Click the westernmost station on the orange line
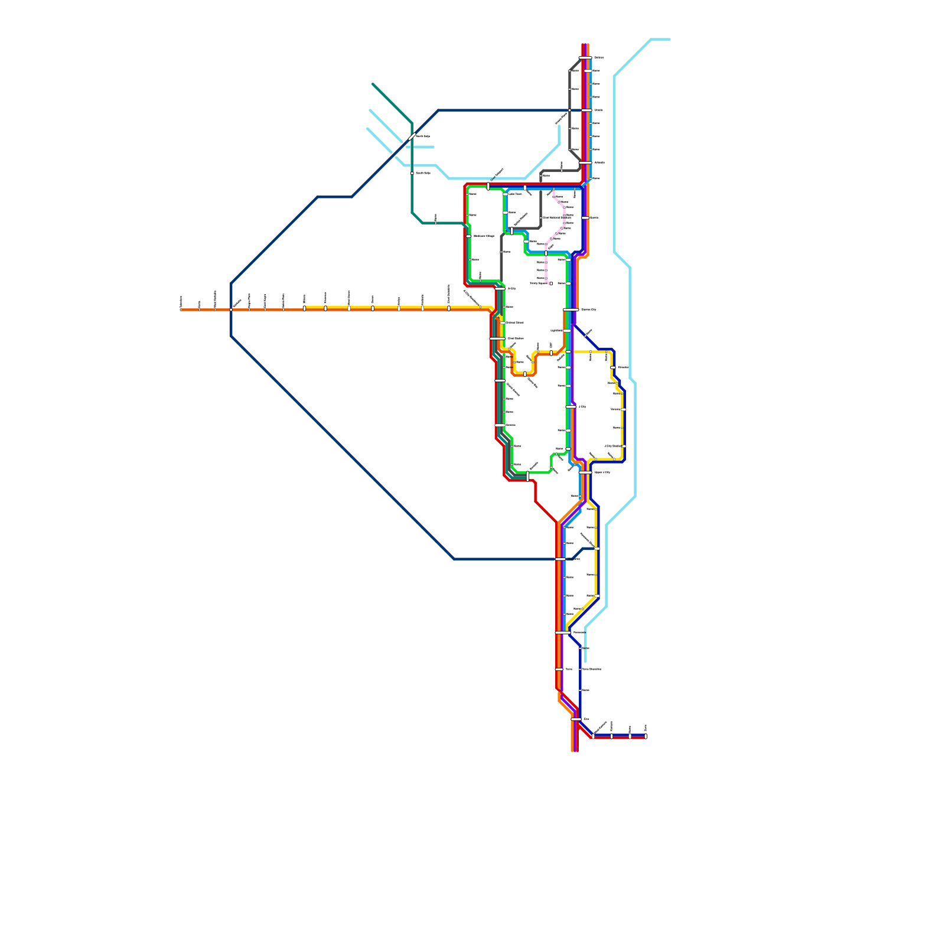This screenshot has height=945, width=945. pyautogui.click(x=181, y=309)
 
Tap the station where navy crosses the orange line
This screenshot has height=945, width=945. pyautogui.click(x=231, y=309)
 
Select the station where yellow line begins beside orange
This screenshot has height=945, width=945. pyautogui.click(x=304, y=308)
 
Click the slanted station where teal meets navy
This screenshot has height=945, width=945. pyautogui.click(x=412, y=138)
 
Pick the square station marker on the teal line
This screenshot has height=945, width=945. pyautogui.click(x=412, y=173)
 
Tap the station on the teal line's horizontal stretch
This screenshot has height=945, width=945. pyautogui.click(x=435, y=223)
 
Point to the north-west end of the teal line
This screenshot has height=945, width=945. pyautogui.click(x=373, y=84)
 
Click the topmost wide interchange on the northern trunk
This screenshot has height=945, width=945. pyautogui.click(x=585, y=57)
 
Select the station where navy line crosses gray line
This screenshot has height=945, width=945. pyautogui.click(x=569, y=110)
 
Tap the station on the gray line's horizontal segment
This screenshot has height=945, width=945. pyautogui.click(x=561, y=171)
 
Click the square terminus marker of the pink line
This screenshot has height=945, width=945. pyautogui.click(x=551, y=283)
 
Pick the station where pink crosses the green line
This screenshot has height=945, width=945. pyautogui.click(x=546, y=253)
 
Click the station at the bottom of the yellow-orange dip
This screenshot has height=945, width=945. pyautogui.click(x=524, y=374)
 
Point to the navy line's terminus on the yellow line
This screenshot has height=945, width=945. pyautogui.click(x=597, y=549)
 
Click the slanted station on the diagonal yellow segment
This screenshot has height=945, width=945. pyautogui.click(x=582, y=609)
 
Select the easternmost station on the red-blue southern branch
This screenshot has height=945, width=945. pyautogui.click(x=646, y=736)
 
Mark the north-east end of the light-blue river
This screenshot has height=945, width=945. pyautogui.click(x=669, y=40)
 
